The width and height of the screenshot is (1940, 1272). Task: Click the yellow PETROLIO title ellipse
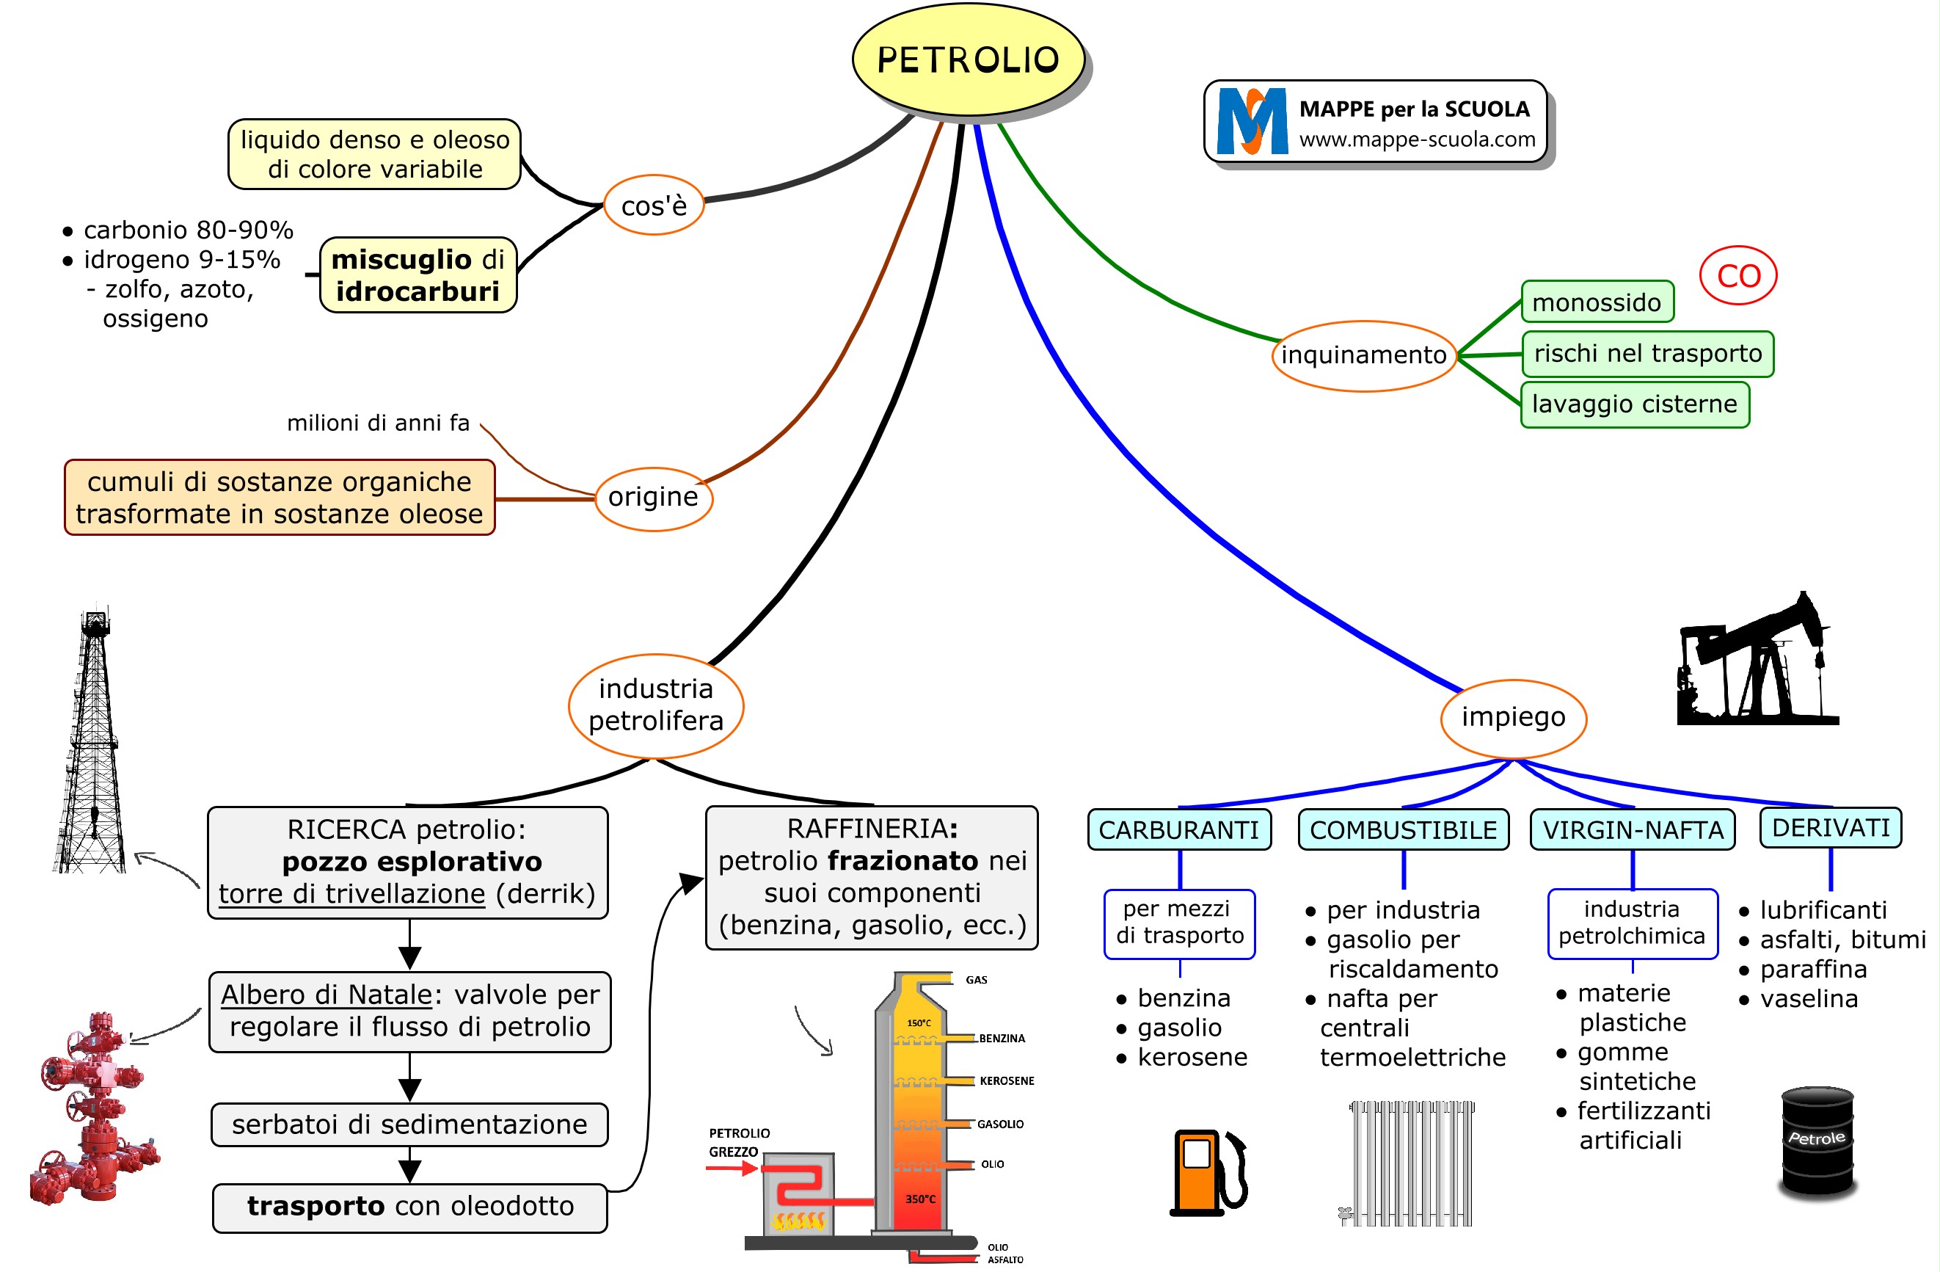(968, 59)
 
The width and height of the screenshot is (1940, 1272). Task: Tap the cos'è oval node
(654, 206)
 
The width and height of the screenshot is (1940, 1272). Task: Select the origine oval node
(653, 498)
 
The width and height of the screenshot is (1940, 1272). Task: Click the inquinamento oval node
(1364, 355)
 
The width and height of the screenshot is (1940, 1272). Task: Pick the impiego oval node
(1513, 718)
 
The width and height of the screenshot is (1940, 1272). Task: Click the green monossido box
(1596, 302)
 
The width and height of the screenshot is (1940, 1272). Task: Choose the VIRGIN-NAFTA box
(1633, 830)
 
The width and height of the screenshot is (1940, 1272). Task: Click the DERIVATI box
(1830, 829)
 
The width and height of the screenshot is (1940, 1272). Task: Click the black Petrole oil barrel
(1817, 1141)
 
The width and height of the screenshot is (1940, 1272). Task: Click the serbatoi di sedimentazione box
(409, 1125)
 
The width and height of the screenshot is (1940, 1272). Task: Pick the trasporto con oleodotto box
(410, 1207)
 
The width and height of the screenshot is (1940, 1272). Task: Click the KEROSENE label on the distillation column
(1006, 1081)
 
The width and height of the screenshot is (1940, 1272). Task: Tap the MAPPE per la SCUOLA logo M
(1251, 120)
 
